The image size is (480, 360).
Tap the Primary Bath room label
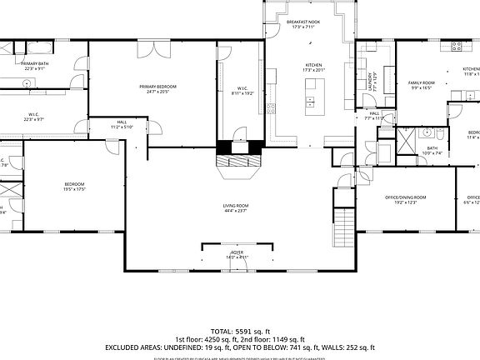click(x=33, y=66)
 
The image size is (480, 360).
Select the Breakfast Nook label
click(x=304, y=24)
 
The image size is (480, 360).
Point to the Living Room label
click(x=235, y=207)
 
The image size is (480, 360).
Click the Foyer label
click(x=237, y=254)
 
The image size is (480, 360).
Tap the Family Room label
click(x=421, y=85)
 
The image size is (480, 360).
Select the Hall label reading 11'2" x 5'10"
click(x=122, y=124)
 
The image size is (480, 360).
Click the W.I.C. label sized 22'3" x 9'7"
click(x=34, y=117)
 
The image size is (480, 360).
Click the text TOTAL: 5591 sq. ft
click(x=239, y=331)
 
